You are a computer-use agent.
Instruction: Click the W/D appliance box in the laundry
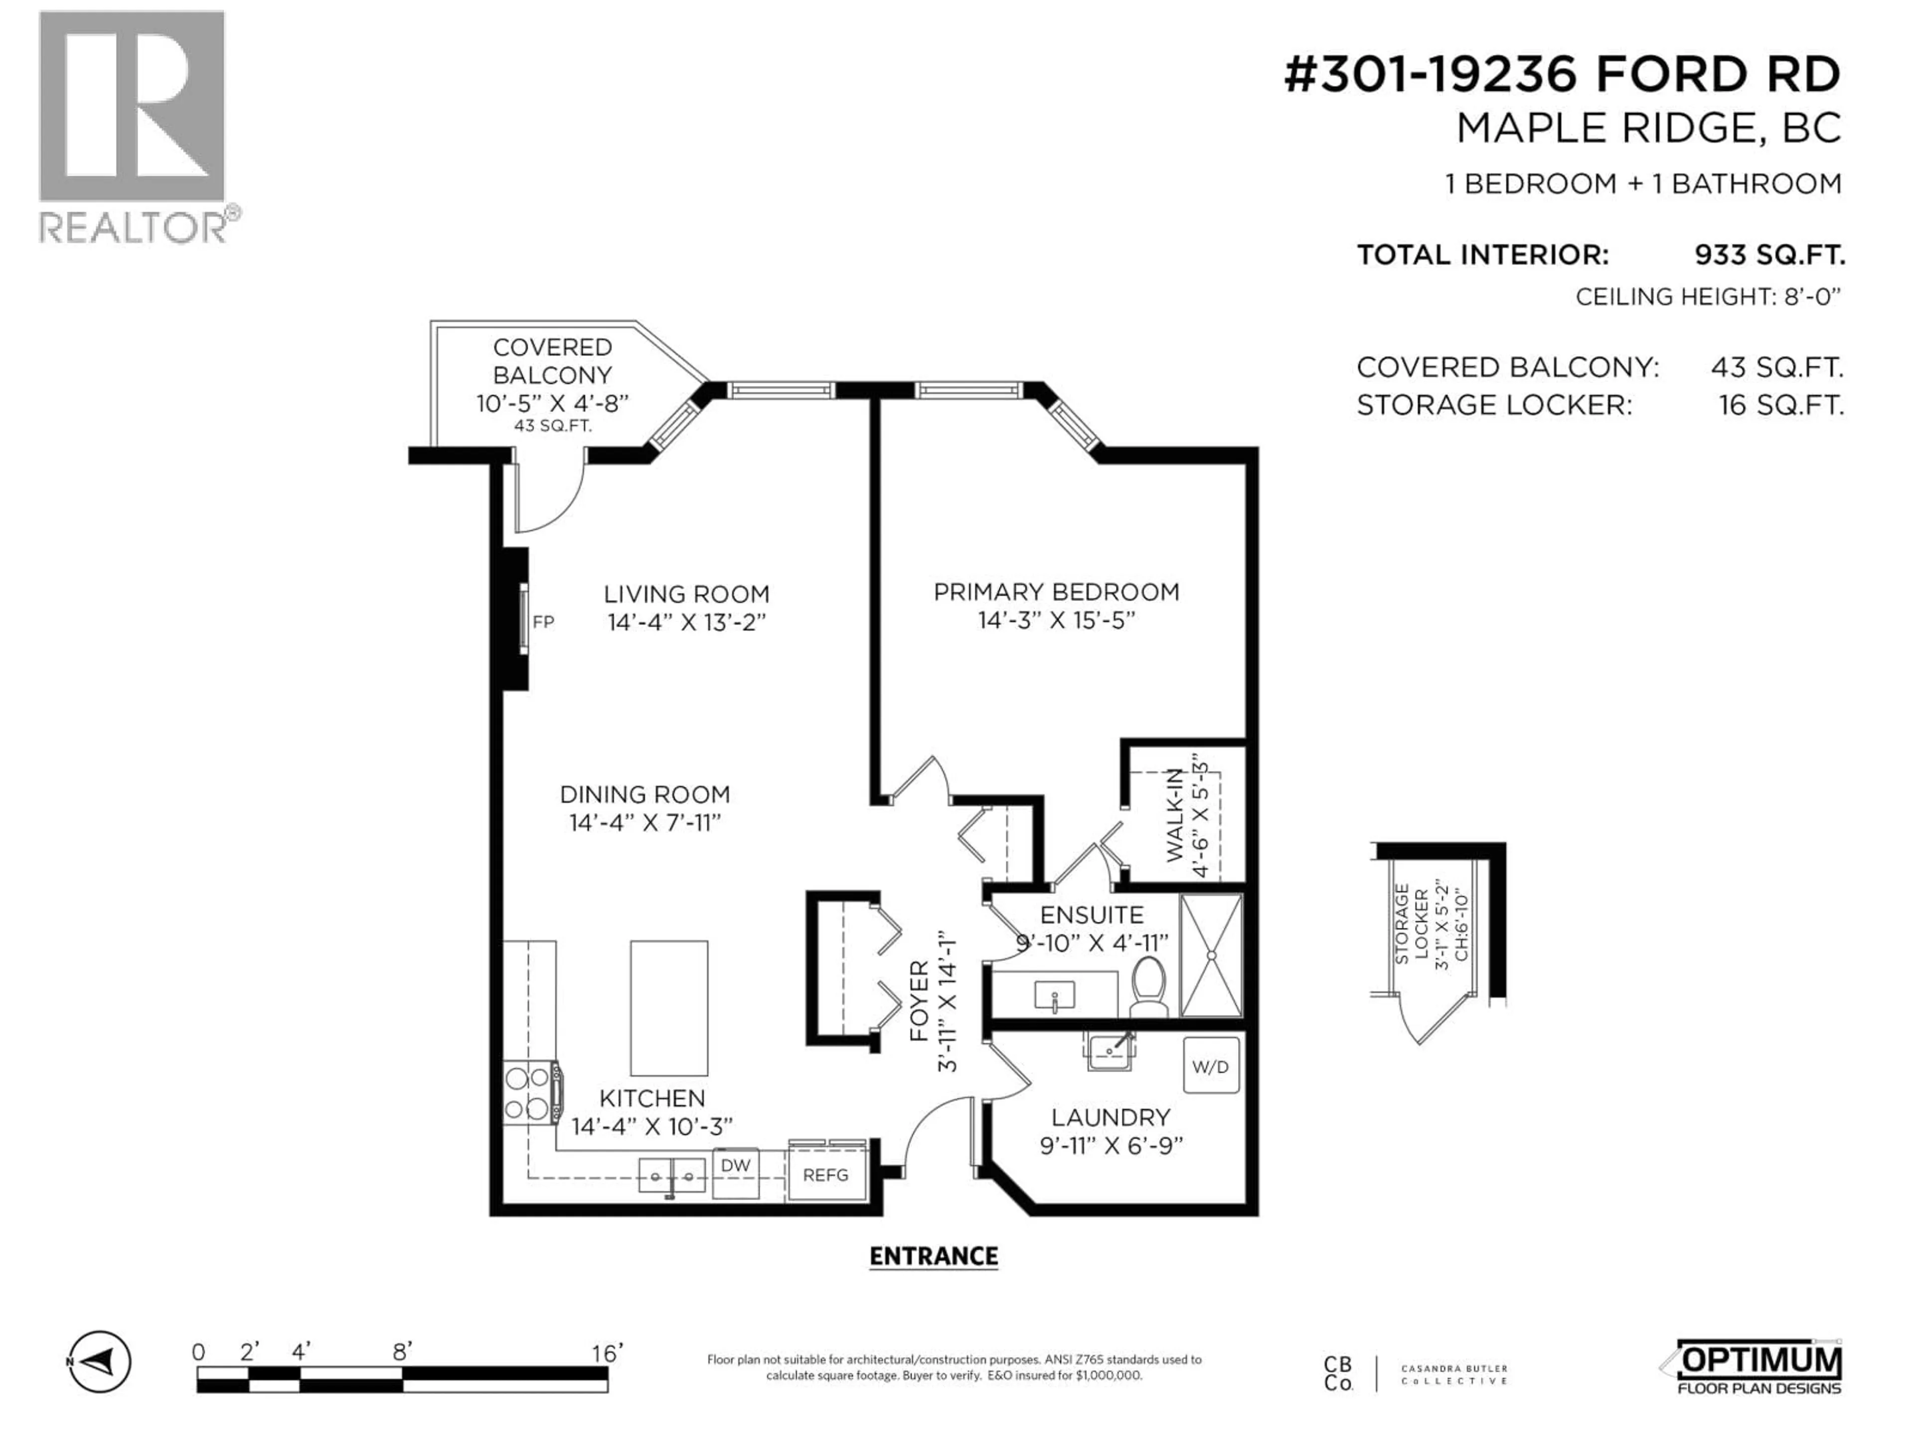pyautogui.click(x=1211, y=1066)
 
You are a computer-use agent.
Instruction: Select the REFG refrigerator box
pyautogui.click(x=825, y=1174)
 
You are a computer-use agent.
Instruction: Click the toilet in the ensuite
pyautogui.click(x=1148, y=988)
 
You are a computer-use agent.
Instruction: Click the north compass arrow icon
pyautogui.click(x=100, y=1362)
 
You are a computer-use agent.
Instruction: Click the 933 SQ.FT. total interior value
pyautogui.click(x=1768, y=255)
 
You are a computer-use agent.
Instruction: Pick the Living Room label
pyautogui.click(x=686, y=594)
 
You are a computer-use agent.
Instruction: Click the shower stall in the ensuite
pyautogui.click(x=1211, y=955)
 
